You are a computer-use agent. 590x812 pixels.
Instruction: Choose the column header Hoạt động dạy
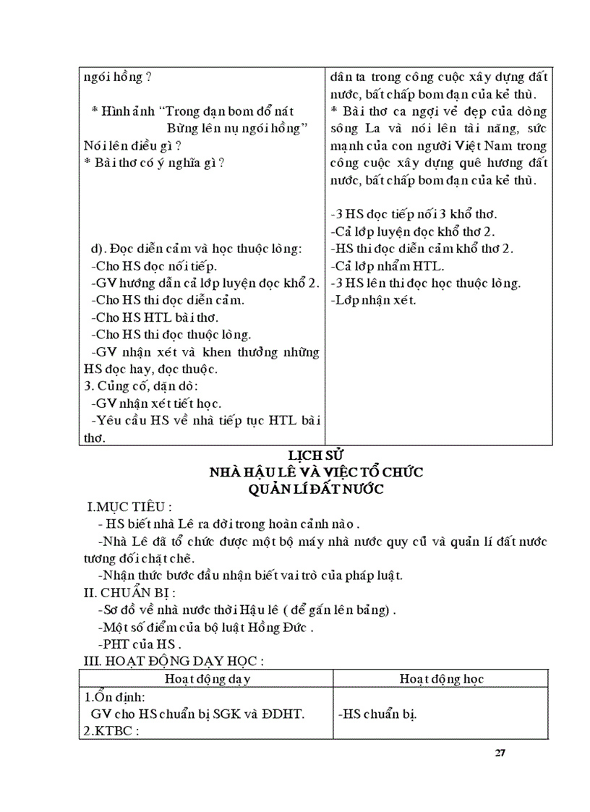pos(207,679)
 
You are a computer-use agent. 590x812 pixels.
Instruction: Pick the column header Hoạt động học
pos(442,679)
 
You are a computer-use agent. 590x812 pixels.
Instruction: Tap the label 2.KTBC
pos(111,730)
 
